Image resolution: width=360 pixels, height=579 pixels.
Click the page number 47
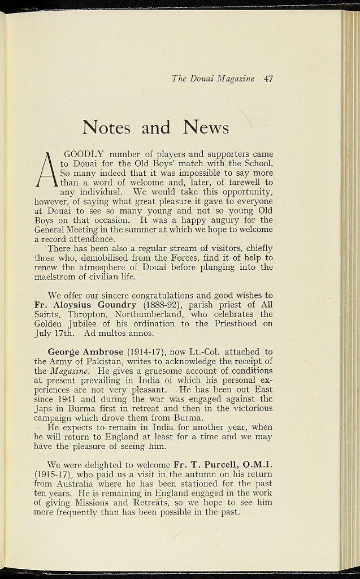click(268, 79)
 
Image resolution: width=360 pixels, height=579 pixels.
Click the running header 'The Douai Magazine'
click(213, 79)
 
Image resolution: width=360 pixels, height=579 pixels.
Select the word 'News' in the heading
click(206, 127)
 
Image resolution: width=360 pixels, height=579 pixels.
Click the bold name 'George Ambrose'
click(85, 352)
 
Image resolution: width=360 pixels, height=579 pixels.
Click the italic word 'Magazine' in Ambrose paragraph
click(69, 371)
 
